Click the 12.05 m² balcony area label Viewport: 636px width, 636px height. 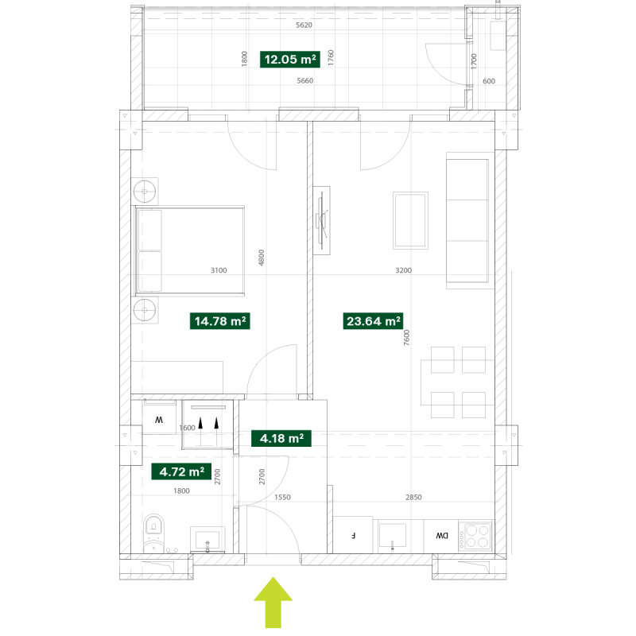pyautogui.click(x=290, y=59)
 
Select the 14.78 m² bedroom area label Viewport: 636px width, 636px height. pyautogui.click(x=220, y=321)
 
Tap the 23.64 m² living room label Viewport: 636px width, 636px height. pyautogui.click(x=373, y=321)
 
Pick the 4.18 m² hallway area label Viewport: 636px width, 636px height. pyautogui.click(x=281, y=439)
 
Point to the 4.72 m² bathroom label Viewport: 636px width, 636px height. pyautogui.click(x=181, y=471)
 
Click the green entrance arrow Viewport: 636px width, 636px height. pyautogui.click(x=273, y=603)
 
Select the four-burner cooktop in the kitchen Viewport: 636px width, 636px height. pyautogui.click(x=476, y=536)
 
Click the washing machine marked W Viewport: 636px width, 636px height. pyautogui.click(x=159, y=417)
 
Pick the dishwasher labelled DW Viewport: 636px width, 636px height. pyautogui.click(x=441, y=536)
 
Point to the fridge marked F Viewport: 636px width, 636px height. pyautogui.click(x=353, y=534)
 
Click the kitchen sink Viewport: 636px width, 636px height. pyautogui.click(x=392, y=536)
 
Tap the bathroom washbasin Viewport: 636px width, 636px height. pyautogui.click(x=207, y=540)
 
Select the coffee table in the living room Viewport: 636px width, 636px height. pyautogui.click(x=410, y=220)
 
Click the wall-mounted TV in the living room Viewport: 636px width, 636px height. pyautogui.click(x=322, y=221)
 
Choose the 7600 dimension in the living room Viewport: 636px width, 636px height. pyautogui.click(x=407, y=337)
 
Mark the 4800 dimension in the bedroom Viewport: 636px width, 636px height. pyautogui.click(x=262, y=258)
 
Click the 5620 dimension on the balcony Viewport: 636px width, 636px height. pyautogui.click(x=304, y=25)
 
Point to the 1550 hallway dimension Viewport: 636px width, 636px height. pyautogui.click(x=282, y=498)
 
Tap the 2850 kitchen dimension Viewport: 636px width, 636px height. pyautogui.click(x=413, y=498)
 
